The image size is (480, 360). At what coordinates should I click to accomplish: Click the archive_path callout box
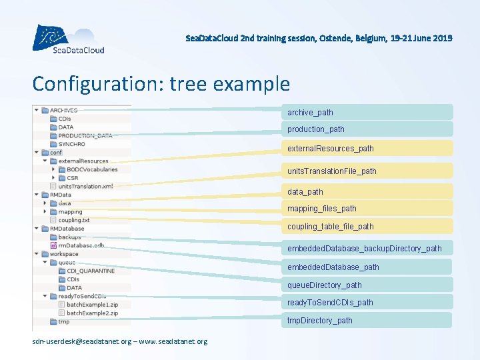click(x=368, y=112)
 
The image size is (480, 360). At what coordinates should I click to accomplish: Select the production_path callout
click(x=368, y=129)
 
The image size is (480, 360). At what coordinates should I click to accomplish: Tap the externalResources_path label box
click(x=368, y=148)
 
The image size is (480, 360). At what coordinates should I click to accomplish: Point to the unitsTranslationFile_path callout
click(x=368, y=171)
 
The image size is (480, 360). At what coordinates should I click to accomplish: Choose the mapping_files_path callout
click(x=368, y=209)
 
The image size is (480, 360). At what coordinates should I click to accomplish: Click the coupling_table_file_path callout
click(x=368, y=226)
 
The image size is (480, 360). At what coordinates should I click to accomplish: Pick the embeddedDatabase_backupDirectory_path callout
click(x=368, y=248)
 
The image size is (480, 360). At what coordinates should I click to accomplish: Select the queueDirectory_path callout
click(x=368, y=285)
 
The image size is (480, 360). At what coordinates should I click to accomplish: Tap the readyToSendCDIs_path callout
click(x=368, y=302)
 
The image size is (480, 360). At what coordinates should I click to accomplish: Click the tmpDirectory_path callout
click(x=368, y=320)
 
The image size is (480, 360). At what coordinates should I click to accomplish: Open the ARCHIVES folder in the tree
click(x=63, y=110)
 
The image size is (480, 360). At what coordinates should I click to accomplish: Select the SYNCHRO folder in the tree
click(x=71, y=144)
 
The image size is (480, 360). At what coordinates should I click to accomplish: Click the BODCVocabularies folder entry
click(x=91, y=169)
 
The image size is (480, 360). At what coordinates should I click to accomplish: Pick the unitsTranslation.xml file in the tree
click(x=85, y=186)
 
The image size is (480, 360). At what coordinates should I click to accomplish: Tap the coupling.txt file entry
click(x=73, y=220)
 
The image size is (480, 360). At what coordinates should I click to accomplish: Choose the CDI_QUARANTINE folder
click(x=90, y=271)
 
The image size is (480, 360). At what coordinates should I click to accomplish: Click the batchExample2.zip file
click(x=92, y=313)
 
